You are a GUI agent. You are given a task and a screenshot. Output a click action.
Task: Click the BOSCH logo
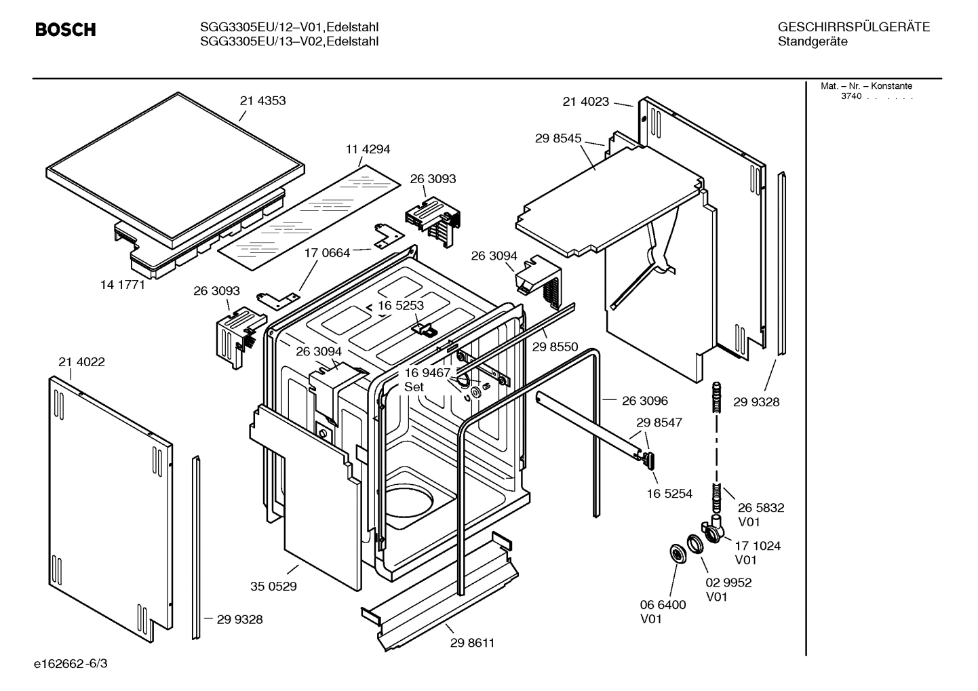(65, 30)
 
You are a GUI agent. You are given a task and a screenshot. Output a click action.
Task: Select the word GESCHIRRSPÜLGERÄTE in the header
(853, 27)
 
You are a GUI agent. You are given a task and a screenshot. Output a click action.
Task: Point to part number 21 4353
(262, 100)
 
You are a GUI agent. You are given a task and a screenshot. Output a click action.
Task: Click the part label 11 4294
(368, 149)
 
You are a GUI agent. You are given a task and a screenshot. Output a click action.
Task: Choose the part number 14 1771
(123, 285)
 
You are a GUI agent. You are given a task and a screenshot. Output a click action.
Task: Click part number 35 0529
(273, 586)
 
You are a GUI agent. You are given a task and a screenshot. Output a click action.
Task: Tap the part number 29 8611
(472, 643)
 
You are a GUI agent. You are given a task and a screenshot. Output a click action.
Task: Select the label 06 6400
(663, 604)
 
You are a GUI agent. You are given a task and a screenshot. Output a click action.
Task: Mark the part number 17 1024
(758, 545)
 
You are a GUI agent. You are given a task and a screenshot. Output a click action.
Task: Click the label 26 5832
(761, 507)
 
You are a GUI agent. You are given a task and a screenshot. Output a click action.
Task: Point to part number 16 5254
(669, 494)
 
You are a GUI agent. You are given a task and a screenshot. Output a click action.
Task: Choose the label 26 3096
(644, 401)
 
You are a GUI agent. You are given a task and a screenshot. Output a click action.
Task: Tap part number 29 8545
(558, 138)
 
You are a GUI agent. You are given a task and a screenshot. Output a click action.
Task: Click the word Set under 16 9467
(414, 387)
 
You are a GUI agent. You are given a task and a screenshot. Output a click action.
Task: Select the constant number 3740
(851, 96)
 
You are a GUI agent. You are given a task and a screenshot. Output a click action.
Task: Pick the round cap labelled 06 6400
(676, 553)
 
